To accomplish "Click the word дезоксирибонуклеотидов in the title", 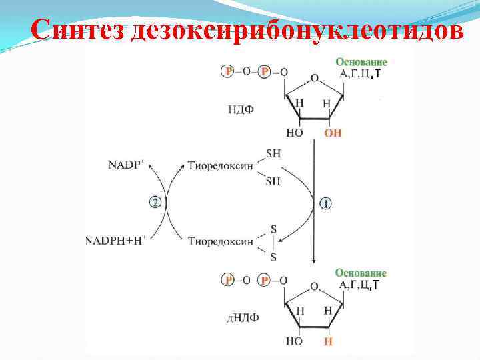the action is [x=297, y=29].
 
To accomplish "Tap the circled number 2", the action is [x=155, y=202].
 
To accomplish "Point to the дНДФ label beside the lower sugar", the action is [x=243, y=319].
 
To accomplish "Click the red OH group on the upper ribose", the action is [x=333, y=133].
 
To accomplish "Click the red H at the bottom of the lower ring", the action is [x=328, y=342].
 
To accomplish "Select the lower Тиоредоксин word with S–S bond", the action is [x=220, y=241].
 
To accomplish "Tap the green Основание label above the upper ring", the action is [x=361, y=62].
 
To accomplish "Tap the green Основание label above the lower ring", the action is [x=361, y=273].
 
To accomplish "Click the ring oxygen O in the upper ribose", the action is [x=314, y=77].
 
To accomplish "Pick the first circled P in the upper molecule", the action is [x=229, y=71].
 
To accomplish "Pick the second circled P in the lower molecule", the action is [x=265, y=281].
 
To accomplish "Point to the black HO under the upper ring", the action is [x=294, y=133].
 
